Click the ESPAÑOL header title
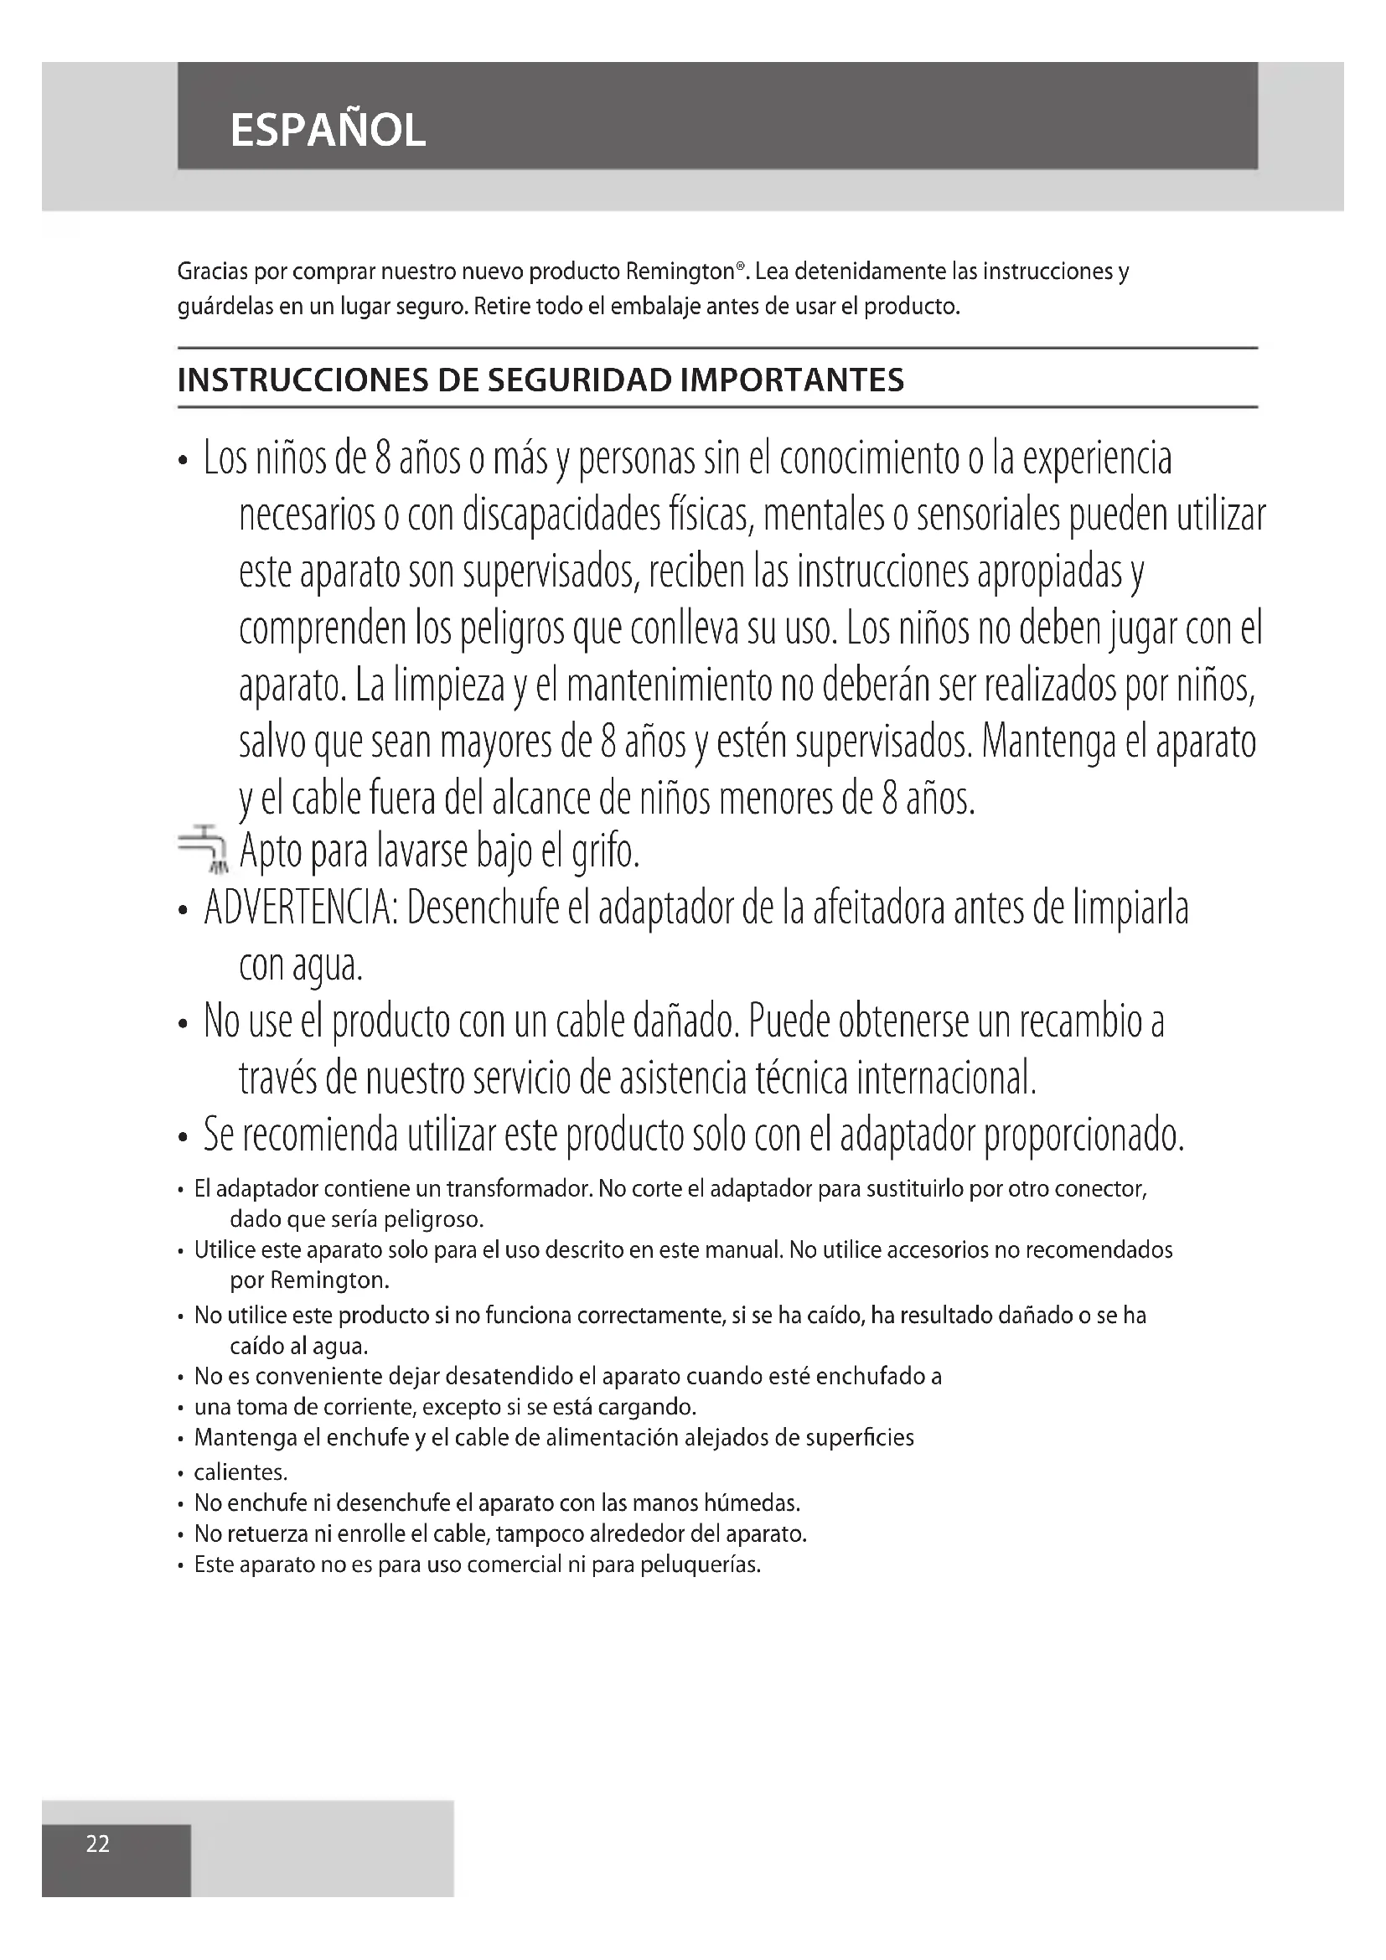(x=328, y=131)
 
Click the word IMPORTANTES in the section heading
(x=792, y=380)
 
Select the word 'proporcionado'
(x=1083, y=1135)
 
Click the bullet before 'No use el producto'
(x=183, y=1024)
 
